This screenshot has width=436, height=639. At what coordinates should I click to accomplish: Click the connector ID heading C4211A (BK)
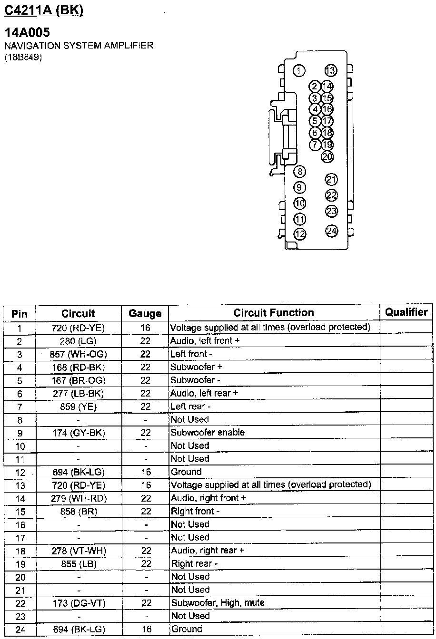43,9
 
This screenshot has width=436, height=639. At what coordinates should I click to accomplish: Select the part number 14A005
27,33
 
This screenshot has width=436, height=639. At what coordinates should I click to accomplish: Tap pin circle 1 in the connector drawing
299,71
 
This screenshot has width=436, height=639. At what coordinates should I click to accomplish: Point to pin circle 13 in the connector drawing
330,70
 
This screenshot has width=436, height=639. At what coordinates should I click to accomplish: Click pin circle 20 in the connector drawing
327,156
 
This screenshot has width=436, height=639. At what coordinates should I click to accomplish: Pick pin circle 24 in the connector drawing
331,231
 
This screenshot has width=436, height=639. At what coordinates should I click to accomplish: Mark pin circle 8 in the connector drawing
300,172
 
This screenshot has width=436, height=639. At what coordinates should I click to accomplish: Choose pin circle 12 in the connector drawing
300,233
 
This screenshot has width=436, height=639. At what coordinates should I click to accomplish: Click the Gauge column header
145,314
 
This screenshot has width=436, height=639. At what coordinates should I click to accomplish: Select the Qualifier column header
406,312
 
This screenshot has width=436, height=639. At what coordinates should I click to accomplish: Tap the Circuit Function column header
274,313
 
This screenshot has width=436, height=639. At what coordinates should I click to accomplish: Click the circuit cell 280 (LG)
79,341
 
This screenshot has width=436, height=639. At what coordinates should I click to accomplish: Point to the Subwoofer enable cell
207,433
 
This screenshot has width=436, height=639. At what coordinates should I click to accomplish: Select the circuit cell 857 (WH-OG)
79,354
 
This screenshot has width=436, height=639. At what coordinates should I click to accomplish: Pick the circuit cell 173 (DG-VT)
79,603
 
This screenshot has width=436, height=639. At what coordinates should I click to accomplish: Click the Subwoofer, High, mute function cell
217,603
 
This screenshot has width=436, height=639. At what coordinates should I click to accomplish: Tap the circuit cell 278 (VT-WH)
79,551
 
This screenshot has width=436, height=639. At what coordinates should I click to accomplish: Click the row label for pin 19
20,564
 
